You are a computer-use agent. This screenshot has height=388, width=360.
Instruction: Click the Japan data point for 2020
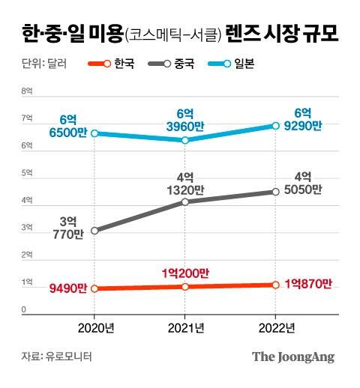pos(94,134)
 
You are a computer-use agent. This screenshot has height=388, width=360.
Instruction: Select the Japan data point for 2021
pos(184,140)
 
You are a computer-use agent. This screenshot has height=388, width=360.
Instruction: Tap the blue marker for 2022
pos(275,125)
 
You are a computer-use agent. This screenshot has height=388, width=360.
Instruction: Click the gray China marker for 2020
pos(94,231)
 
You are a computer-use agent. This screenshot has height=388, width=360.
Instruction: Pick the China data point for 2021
pos(184,201)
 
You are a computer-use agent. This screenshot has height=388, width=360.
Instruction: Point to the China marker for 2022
pos(275,192)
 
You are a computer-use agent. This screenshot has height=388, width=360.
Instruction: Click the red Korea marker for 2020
pos(94,288)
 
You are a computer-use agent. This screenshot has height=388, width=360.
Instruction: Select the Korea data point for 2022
pos(275,285)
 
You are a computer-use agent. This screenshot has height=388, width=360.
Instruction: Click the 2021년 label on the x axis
pos(184,327)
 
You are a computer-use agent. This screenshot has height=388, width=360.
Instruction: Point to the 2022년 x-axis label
pos(275,327)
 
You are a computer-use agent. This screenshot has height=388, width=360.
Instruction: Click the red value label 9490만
pos(64,288)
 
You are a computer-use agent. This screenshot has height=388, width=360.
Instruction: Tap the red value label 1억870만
pos(307,285)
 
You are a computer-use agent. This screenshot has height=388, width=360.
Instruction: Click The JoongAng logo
pos(292,357)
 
